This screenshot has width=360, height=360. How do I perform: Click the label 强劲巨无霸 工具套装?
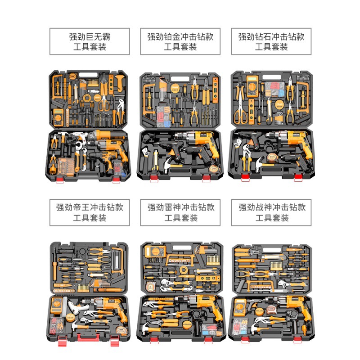pyautogui.click(x=90, y=41)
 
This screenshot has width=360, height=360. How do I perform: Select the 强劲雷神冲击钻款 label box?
pyautogui.click(x=181, y=212)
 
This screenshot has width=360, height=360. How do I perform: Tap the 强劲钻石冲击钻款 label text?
pyautogui.click(x=271, y=41)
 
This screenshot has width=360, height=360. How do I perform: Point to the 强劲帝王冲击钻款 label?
pyautogui.click(x=90, y=212)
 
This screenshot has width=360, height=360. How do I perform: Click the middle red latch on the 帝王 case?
pyautogui.click(x=89, y=337)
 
